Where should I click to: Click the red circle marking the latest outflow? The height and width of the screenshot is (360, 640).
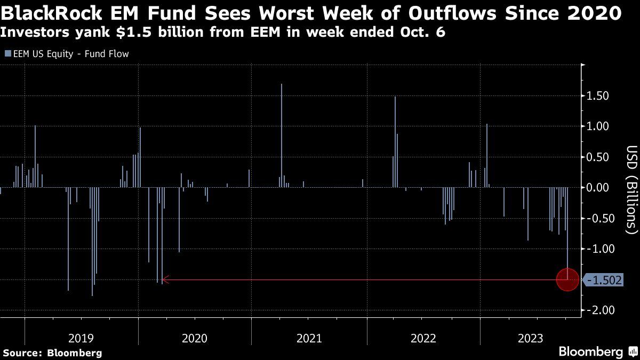[x=567, y=279]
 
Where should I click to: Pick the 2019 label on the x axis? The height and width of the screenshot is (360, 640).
[x=81, y=338]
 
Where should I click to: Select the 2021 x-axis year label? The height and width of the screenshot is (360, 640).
[x=309, y=338]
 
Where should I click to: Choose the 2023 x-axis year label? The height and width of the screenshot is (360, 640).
[x=529, y=338]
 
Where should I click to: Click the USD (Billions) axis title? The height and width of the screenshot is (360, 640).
[x=631, y=190]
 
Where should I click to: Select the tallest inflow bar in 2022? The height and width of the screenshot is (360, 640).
[x=395, y=142]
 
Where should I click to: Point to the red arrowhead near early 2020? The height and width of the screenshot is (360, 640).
[x=165, y=279]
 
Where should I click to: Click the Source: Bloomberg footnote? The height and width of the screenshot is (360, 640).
[x=52, y=353]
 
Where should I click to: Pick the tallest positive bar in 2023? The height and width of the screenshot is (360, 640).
[x=487, y=155]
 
